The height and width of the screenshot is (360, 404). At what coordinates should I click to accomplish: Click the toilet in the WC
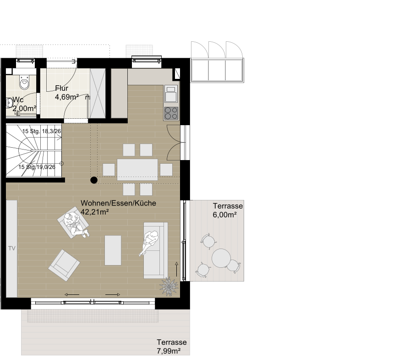(x=25, y=82)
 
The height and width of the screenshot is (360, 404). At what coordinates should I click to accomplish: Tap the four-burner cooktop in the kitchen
(x=171, y=113)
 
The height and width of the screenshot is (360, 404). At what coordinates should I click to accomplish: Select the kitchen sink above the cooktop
(x=171, y=94)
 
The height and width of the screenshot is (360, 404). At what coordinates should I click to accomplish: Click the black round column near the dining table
(x=94, y=180)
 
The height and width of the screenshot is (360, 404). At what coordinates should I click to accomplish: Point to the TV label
(x=12, y=249)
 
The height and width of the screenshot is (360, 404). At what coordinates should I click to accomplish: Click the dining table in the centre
(x=137, y=169)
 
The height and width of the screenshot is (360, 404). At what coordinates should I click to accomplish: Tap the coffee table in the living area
(x=113, y=250)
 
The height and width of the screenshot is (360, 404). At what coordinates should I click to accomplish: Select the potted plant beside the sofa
(x=169, y=287)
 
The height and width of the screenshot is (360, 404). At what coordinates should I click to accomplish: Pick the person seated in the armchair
(x=76, y=224)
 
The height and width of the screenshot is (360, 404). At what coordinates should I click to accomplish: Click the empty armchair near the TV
(x=64, y=265)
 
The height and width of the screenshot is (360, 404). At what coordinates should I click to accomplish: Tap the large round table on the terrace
(x=221, y=258)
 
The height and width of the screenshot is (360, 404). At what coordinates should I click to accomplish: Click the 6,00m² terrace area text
(x=224, y=215)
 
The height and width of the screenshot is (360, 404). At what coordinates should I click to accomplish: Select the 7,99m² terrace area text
(x=169, y=351)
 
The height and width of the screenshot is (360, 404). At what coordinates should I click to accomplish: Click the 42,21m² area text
(x=94, y=212)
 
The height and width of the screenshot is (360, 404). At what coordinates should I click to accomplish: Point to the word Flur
(x=61, y=88)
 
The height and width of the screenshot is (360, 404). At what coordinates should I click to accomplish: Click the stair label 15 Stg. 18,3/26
(x=42, y=131)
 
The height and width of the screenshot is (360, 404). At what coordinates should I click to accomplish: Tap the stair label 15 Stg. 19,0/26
(x=37, y=167)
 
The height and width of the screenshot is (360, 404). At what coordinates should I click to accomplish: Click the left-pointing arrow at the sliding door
(x=72, y=294)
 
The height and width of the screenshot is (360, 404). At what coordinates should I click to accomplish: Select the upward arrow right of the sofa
(x=176, y=269)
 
